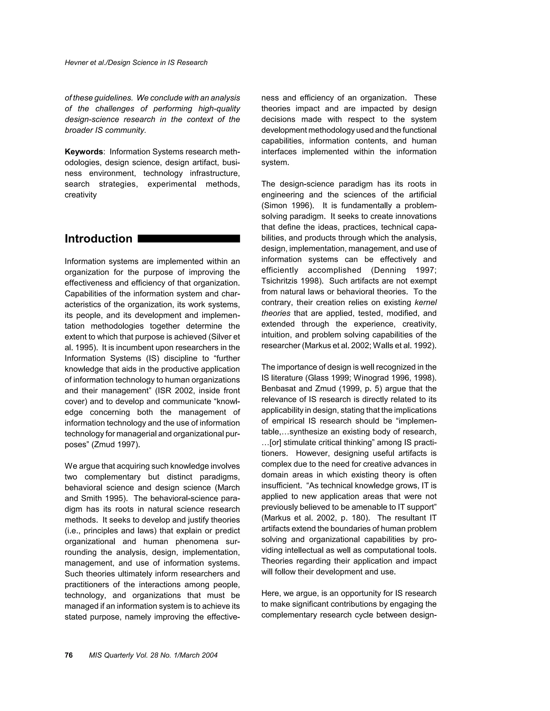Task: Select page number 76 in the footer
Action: click(69, 655)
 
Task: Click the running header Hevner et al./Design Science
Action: click(136, 63)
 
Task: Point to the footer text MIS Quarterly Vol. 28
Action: click(153, 655)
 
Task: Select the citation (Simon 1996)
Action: click(287, 206)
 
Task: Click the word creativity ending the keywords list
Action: click(81, 195)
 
